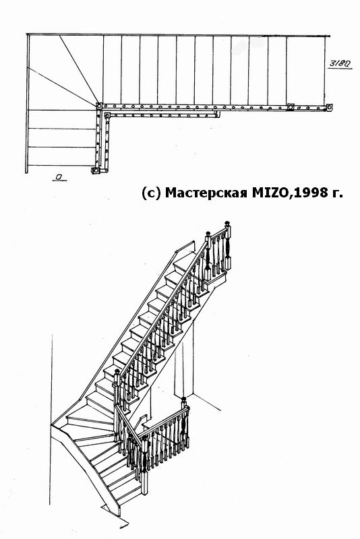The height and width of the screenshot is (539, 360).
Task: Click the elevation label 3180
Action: pos(340,63)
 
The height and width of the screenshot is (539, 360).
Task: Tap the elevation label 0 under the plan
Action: pos(59,177)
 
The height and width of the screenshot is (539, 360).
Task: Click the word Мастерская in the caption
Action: pos(206,193)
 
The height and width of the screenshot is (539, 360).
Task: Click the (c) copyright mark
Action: pos(151,193)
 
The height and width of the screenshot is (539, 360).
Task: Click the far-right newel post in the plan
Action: pos(330,108)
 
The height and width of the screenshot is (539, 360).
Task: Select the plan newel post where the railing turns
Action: pos(98,106)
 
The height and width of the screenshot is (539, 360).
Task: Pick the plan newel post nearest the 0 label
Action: pos(95,170)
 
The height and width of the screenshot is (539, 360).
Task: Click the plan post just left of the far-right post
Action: pos(291,107)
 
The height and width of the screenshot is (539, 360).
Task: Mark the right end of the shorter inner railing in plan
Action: pos(217,115)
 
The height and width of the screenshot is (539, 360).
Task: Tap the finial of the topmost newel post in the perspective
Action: pos(227,224)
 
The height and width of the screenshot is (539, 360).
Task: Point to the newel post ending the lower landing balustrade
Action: pos(185,422)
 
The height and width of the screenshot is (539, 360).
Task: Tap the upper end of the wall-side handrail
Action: pos(193,243)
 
